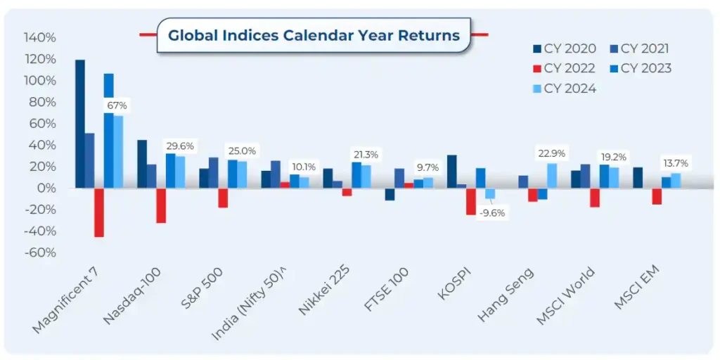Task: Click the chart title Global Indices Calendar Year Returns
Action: point(313,34)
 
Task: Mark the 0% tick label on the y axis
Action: point(46,188)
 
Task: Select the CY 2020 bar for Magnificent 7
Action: point(80,124)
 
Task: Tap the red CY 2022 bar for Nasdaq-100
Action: point(161,205)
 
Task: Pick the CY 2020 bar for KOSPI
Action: point(451,172)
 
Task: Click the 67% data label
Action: point(117,105)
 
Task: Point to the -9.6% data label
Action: point(492,213)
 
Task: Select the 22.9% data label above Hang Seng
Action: point(551,154)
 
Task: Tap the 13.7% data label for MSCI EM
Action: point(675,163)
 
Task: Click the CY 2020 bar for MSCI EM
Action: point(637,178)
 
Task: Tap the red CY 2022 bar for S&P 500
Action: point(223,198)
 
